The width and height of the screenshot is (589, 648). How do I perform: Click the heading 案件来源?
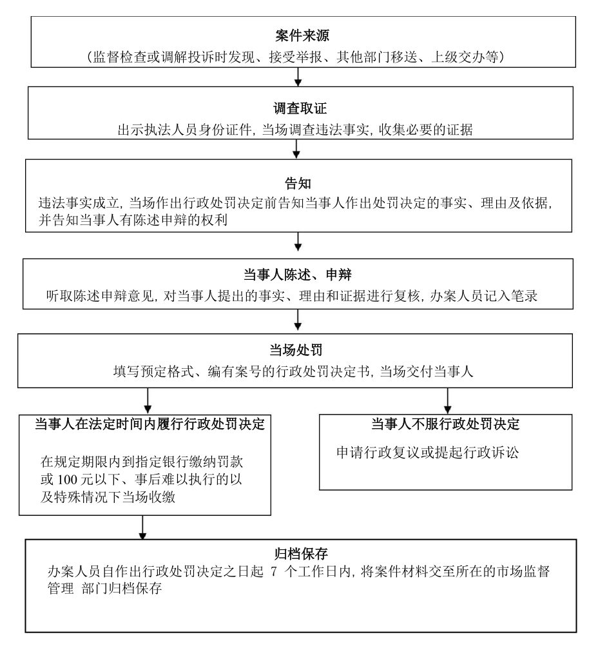302,35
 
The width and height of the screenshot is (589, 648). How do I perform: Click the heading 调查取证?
300,108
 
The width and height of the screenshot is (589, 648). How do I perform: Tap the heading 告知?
298,183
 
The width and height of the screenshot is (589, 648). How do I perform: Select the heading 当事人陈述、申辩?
297,275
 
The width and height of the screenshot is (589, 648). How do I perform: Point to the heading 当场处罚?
296,350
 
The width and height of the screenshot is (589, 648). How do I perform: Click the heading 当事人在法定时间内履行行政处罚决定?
150,424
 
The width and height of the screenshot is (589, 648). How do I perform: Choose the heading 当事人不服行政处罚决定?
445,424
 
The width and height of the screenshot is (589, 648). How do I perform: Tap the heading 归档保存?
301,553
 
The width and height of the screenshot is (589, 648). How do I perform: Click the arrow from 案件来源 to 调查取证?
297,77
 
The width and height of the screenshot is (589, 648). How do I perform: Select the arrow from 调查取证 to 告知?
296,149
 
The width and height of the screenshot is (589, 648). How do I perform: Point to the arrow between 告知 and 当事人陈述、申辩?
297,242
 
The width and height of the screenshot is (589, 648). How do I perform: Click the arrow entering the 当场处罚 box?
297,320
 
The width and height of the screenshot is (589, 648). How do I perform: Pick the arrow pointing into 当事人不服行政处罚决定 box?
447,401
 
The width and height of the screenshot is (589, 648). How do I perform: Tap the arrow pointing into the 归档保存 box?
142,527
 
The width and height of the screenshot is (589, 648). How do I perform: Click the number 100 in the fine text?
67,479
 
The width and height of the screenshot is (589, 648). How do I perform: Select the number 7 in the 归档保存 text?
273,571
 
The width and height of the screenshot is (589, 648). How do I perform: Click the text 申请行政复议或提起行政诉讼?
427,453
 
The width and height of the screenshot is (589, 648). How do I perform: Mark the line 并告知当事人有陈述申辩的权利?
133,220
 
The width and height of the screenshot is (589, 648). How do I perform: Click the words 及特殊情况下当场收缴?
108,496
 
